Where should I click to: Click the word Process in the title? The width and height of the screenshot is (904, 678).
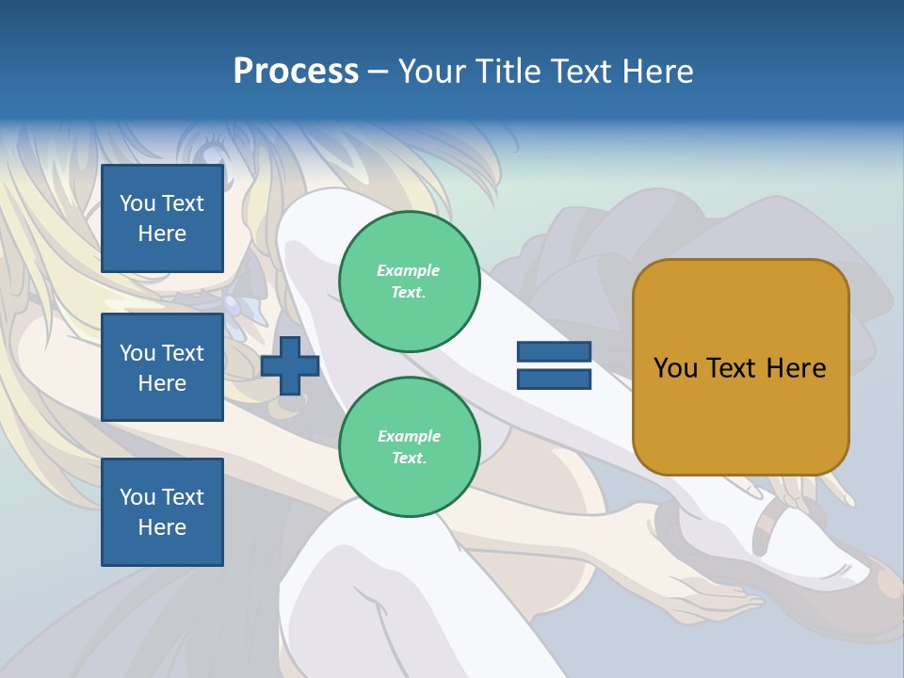click(296, 72)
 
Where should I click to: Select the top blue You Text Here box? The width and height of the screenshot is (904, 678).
click(162, 218)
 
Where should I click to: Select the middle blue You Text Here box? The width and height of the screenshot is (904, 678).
click(162, 367)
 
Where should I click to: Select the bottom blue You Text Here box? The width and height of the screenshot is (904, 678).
click(162, 512)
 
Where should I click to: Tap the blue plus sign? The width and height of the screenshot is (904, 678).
click(290, 365)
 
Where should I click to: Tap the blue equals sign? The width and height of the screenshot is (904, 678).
click(554, 365)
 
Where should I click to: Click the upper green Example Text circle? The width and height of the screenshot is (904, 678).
click(409, 282)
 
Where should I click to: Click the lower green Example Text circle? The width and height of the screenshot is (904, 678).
click(409, 447)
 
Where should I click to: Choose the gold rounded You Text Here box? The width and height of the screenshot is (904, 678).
click(740, 367)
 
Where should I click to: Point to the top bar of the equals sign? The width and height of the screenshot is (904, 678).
click(554, 352)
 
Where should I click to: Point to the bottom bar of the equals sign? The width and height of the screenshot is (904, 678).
click(554, 379)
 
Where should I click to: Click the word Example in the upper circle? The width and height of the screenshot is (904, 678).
click(409, 270)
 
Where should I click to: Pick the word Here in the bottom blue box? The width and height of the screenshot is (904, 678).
click(162, 527)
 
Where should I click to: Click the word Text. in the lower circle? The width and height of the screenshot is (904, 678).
click(409, 459)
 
